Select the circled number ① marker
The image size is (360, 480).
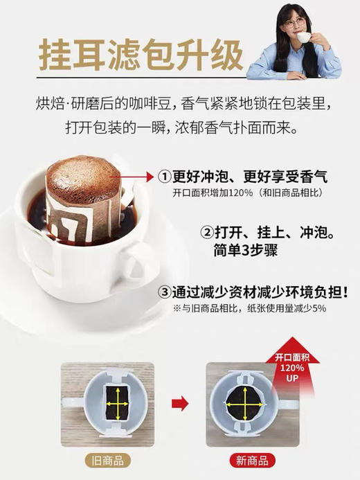coord(164,177)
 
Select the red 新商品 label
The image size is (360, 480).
coord(253,461)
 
